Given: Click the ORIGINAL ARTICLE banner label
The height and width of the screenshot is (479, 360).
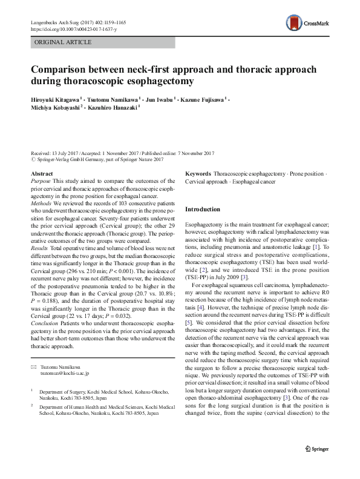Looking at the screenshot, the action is [64, 42].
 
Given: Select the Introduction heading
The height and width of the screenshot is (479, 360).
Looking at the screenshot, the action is [203, 210].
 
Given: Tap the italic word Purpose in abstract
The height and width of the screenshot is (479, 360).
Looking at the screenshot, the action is [41, 181].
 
